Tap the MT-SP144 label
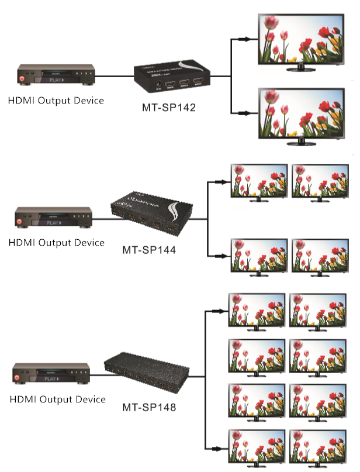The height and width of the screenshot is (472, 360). pyautogui.click(x=149, y=250)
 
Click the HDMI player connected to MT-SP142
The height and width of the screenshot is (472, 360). pyautogui.click(x=56, y=75)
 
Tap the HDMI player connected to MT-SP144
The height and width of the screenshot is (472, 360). pyautogui.click(x=53, y=218)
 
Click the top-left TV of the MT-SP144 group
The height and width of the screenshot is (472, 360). pyautogui.click(x=258, y=182)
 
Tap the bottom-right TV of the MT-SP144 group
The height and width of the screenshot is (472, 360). pyautogui.click(x=319, y=256)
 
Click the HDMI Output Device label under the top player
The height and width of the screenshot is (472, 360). pyautogui.click(x=56, y=101)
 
